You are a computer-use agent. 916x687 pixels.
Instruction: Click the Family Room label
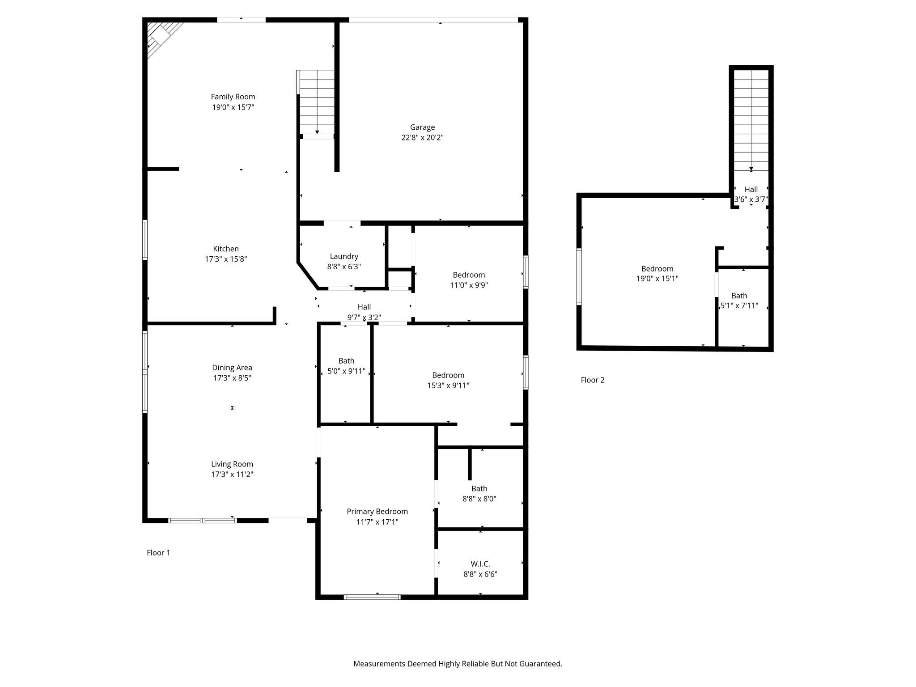point(233,97)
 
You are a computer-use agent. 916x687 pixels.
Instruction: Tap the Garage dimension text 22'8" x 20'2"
point(422,138)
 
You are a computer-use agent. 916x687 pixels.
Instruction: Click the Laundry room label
point(344,256)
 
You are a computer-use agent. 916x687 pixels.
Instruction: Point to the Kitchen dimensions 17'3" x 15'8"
point(226,259)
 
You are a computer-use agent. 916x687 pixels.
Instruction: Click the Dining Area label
point(232,368)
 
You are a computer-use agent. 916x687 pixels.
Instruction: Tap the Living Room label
point(232,464)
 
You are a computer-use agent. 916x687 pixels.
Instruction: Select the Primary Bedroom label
point(377,512)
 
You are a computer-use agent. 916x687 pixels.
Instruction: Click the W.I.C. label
point(480,564)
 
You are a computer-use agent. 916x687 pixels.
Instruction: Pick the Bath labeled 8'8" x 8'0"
point(479,489)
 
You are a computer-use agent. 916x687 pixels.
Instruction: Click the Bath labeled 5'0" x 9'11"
point(346,361)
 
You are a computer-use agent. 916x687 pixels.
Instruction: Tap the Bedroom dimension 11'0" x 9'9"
point(469,285)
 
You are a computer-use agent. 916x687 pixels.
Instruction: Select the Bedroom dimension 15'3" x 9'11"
point(448,386)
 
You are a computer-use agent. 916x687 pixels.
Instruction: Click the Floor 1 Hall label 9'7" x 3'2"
point(364,307)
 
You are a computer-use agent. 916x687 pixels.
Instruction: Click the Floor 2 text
point(593,380)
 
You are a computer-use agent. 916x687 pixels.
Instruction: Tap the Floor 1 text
point(158,553)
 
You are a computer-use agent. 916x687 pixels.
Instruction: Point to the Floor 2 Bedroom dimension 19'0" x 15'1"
point(657,279)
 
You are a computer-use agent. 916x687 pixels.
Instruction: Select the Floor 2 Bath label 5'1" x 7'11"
point(739,296)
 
